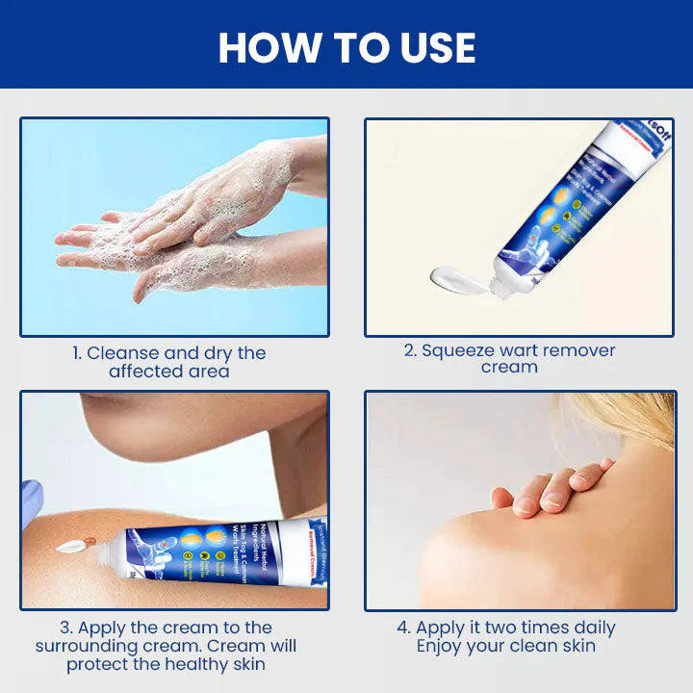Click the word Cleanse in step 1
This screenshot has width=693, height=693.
coord(123,353)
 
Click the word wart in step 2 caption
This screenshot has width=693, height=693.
coord(526,350)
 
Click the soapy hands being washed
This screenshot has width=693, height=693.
coord(183,226)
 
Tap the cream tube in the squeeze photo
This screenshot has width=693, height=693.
coord(568,207)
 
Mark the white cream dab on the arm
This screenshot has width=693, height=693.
coord(69,547)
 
